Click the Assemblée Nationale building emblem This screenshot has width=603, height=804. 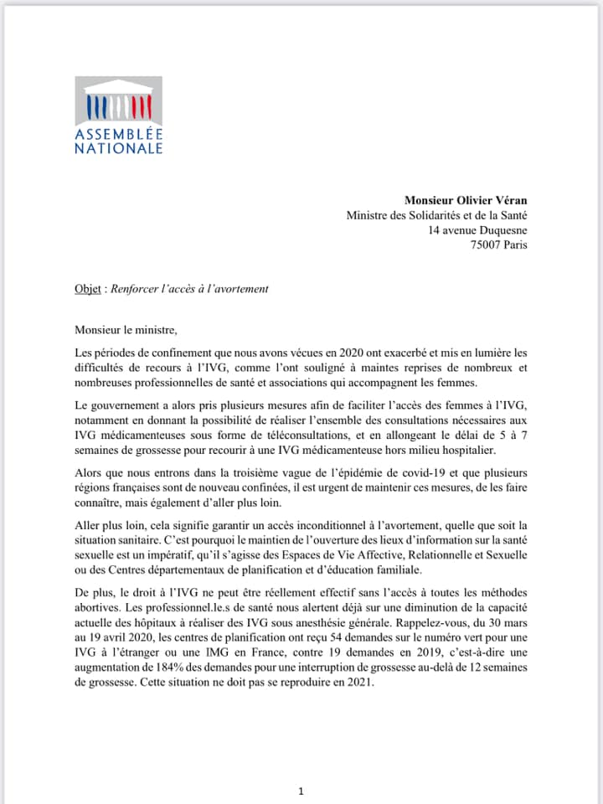tap(118, 100)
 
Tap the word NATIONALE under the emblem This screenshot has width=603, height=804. tap(118, 148)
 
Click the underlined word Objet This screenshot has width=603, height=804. tap(88, 289)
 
